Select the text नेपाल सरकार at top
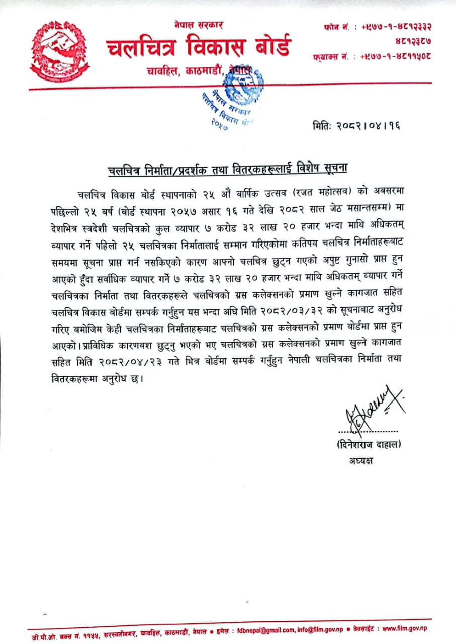pos(199,25)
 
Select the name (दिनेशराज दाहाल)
pos(369,444)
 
